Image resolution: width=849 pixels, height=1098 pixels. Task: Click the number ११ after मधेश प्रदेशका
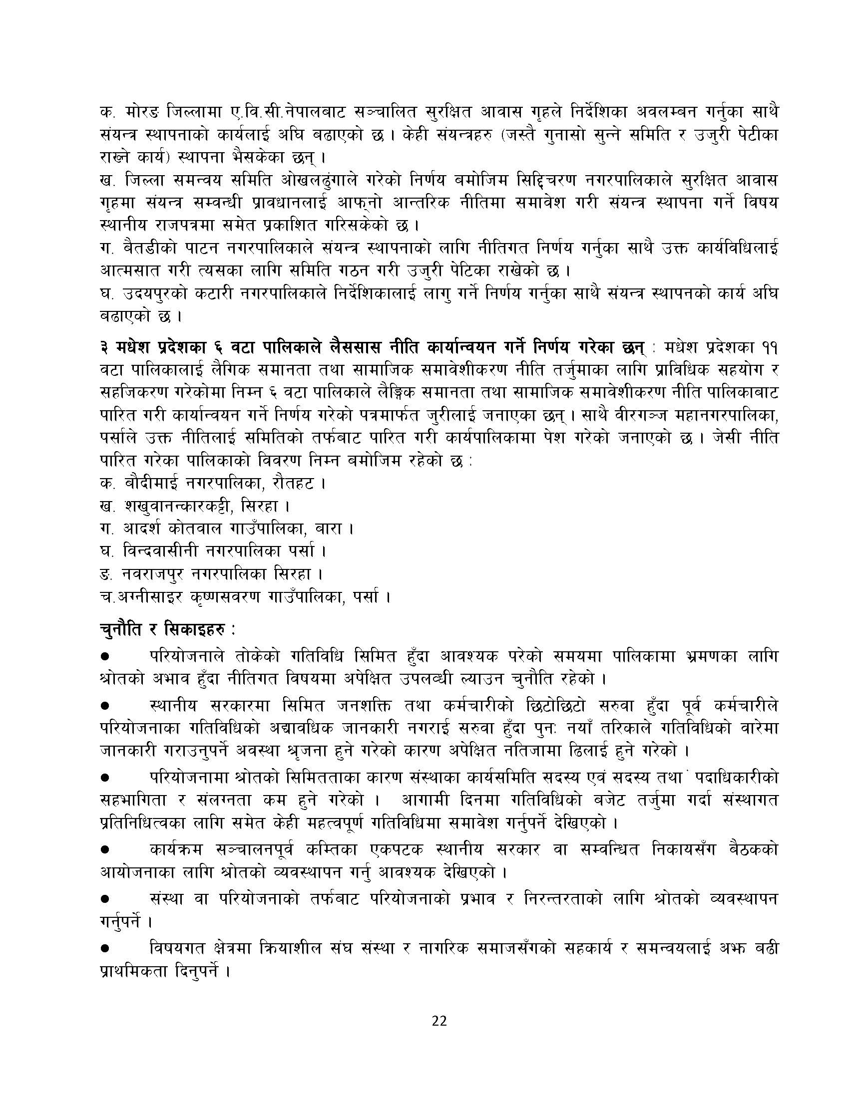click(769, 348)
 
